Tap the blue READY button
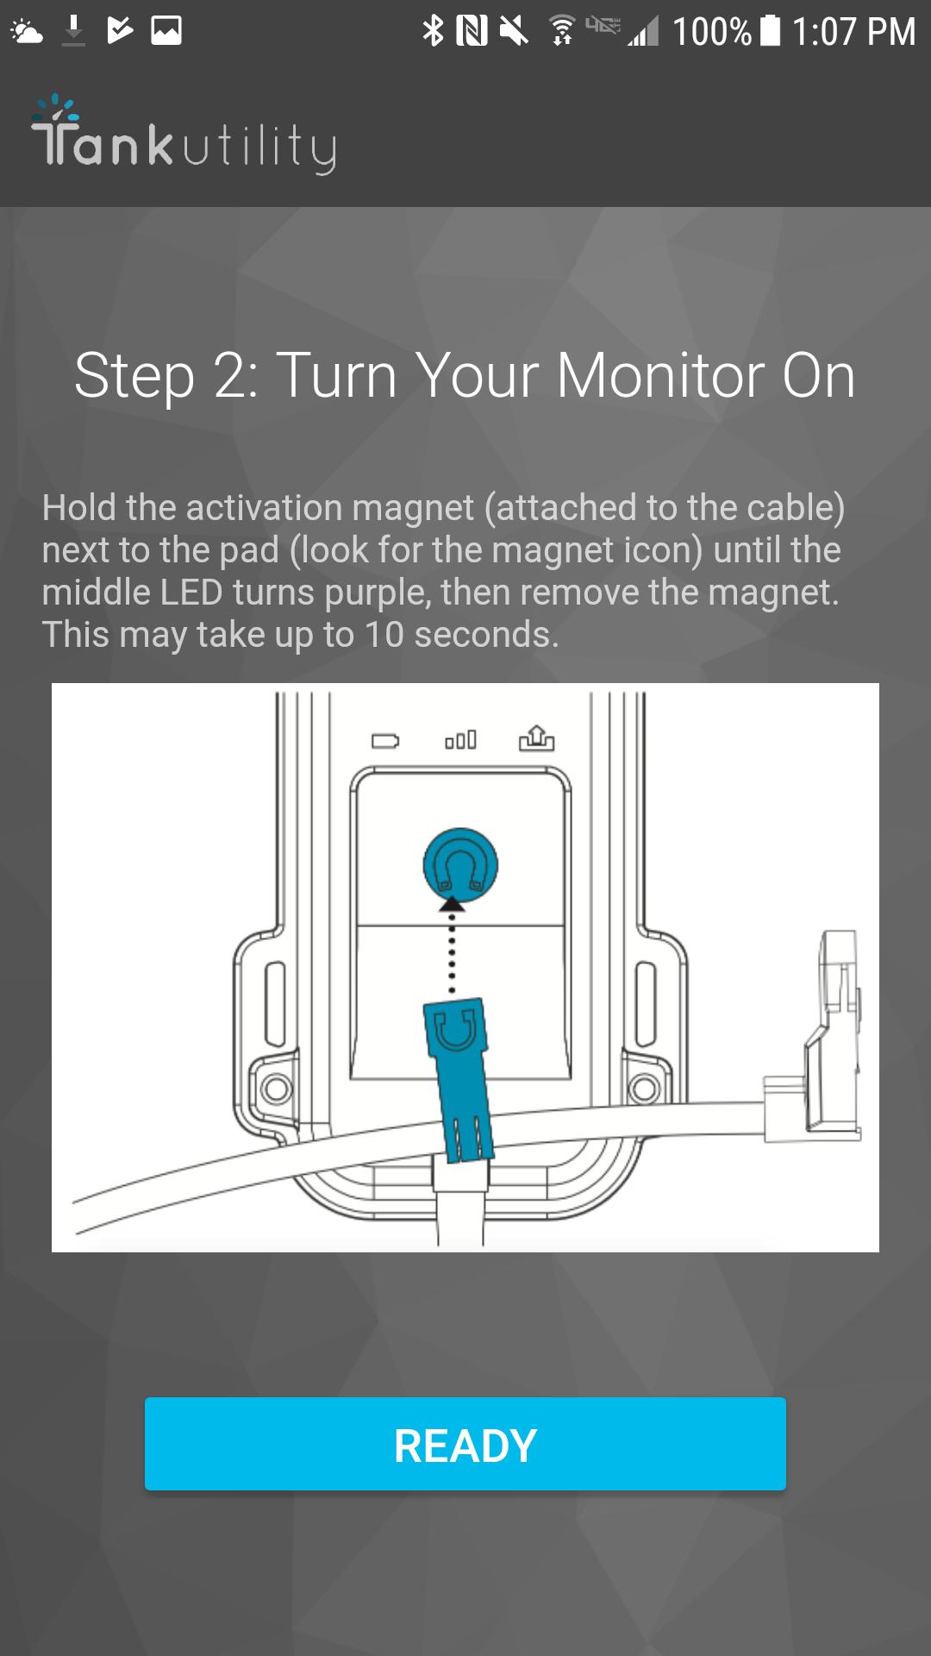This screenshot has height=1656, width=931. (x=465, y=1444)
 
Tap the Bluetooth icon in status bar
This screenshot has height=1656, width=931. (x=433, y=31)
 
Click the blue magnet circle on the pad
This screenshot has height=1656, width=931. (x=460, y=865)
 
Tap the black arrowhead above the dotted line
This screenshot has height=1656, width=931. (x=452, y=904)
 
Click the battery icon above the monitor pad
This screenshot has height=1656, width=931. (x=384, y=741)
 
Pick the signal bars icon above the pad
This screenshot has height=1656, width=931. (x=460, y=740)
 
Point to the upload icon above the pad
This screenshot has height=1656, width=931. (x=536, y=738)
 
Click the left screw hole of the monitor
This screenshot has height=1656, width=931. (x=276, y=1088)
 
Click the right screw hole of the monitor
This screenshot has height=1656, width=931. (x=644, y=1088)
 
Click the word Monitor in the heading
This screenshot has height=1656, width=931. (x=660, y=376)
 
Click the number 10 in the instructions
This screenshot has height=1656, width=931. (x=384, y=636)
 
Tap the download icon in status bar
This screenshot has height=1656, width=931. (x=74, y=31)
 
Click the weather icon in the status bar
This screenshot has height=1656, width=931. (x=26, y=32)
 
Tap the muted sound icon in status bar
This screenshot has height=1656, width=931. (x=514, y=32)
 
